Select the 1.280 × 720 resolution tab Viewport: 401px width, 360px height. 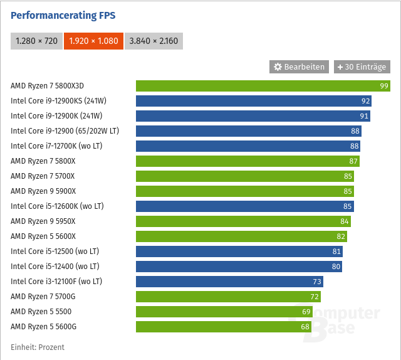pos(36,41)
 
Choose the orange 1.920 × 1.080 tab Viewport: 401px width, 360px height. pos(93,41)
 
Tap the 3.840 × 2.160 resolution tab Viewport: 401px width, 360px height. pos(154,41)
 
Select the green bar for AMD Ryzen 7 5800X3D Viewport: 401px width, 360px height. pos(263,86)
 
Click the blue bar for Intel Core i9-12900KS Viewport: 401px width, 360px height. pos(253,101)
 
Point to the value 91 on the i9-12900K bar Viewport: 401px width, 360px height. pos(364,116)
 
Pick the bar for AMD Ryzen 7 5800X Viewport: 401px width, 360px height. pos(247,161)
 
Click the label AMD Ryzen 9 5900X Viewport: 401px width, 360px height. pos(43,191)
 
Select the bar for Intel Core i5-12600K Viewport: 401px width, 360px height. pos(244,206)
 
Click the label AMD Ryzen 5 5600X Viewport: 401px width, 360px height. pos(43,236)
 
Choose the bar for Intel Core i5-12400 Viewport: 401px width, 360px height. pos(239,267)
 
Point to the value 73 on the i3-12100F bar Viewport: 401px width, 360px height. pos(317,282)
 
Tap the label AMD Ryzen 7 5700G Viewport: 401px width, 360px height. pos(43,297)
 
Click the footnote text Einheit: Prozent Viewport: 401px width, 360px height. pos(38,347)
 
